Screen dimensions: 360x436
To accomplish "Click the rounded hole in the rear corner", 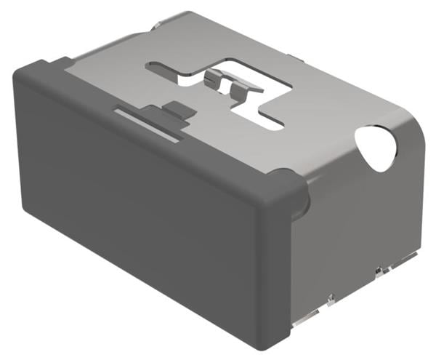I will [377, 148].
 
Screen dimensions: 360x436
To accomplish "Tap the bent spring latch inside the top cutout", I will [231, 82].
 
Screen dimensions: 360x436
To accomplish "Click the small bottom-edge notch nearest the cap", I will [330, 296].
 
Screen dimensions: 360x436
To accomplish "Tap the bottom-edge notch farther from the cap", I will [379, 271].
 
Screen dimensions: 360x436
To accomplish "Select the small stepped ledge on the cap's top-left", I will [61, 61].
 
